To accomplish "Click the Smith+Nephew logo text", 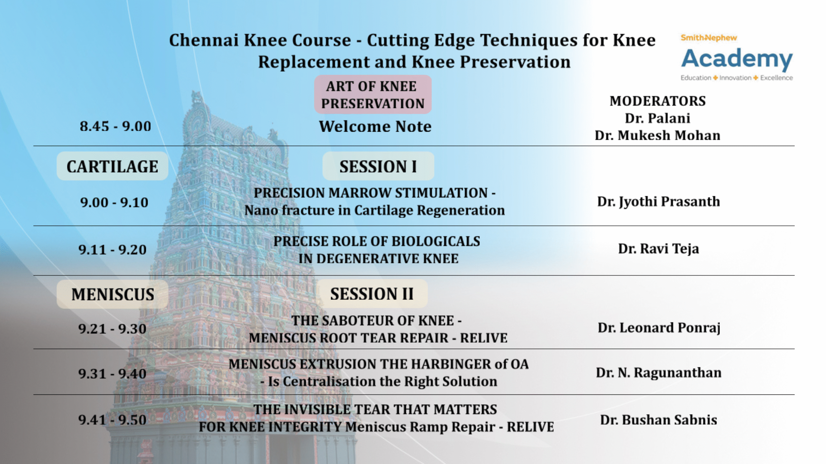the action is tap(709, 38).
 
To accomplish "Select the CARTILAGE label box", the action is tap(112, 166).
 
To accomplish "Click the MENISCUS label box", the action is tap(112, 294).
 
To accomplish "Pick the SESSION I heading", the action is tap(378, 166).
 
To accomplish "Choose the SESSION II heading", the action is tap(372, 294).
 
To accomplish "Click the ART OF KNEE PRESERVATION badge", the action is tap(373, 95).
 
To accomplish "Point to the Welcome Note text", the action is tap(375, 126).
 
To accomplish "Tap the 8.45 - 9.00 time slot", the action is tap(115, 126).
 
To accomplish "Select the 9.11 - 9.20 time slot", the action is tap(112, 250).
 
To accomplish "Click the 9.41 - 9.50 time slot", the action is tap(112, 420).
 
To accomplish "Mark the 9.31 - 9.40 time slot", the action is tap(112, 374).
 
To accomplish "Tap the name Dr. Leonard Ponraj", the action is tap(659, 328).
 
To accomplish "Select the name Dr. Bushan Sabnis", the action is tap(659, 420).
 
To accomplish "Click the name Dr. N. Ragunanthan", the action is tap(659, 373).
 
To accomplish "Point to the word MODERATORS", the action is tap(658, 101).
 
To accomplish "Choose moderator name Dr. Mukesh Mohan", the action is tap(658, 135).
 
